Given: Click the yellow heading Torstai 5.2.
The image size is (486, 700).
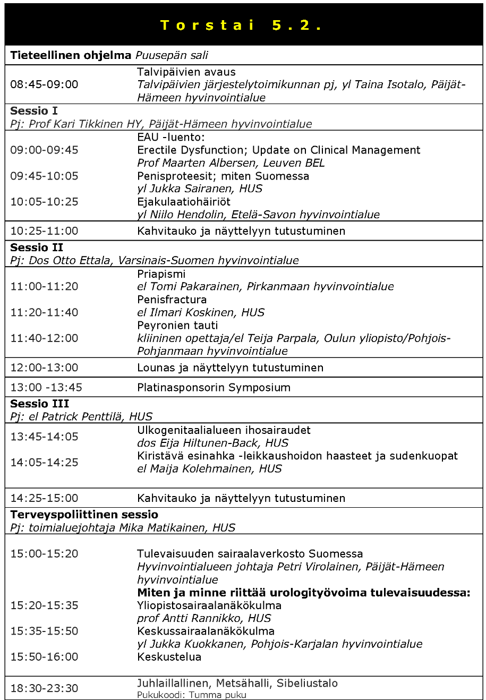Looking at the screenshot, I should pos(242,25).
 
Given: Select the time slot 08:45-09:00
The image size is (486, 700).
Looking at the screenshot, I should pos(44,84).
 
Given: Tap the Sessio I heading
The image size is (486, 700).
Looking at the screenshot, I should pos(34,111).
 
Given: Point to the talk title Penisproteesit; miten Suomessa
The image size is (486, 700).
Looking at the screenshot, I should pos(223,176).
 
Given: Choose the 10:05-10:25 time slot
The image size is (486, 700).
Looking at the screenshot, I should pos(44,202).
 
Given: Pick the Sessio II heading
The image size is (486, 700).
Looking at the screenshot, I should pos(37,247).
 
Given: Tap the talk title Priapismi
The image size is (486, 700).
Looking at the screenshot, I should pos(161,274).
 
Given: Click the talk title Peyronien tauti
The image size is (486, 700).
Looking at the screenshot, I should pos(177,325).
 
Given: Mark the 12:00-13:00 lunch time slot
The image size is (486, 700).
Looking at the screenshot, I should pos(44,368).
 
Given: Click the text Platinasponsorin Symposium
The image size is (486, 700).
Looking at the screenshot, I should pos(214,387).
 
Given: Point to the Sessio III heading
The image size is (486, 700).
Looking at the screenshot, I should pos(39,404).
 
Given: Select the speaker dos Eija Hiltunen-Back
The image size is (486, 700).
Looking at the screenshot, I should pos(212,443).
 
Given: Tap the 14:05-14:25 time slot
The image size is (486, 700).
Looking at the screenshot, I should pos(44,462).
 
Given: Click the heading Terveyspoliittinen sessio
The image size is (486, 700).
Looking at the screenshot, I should pos(84,515).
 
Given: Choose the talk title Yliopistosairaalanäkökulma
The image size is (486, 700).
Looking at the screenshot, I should pos(209,605).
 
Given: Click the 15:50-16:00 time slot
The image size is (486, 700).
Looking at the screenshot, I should pos(44,657).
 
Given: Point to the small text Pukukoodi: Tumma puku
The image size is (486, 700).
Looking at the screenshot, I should pos(192,695).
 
